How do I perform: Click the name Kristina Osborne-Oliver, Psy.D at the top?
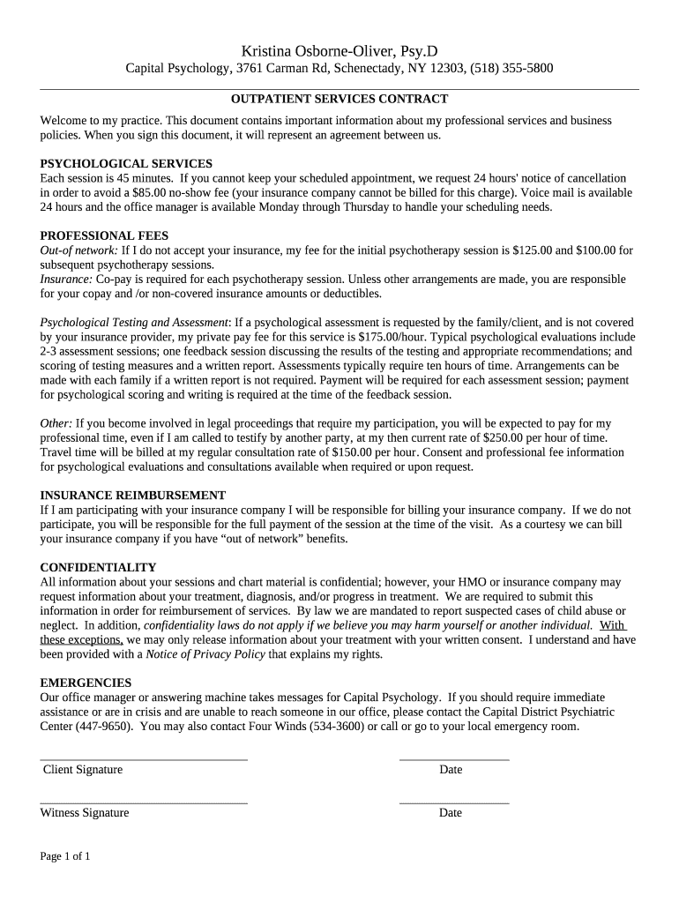click(339, 51)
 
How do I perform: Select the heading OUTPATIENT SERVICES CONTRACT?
click(339, 100)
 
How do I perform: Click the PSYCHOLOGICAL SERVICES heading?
click(126, 164)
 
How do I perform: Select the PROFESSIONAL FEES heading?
click(104, 236)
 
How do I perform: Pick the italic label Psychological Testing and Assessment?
click(134, 323)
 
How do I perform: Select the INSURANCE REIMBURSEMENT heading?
click(133, 496)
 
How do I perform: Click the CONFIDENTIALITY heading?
click(98, 568)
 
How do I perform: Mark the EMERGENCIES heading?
click(86, 683)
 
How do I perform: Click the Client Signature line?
click(144, 757)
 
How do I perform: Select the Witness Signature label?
click(85, 813)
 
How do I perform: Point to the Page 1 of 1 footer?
click(65, 856)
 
